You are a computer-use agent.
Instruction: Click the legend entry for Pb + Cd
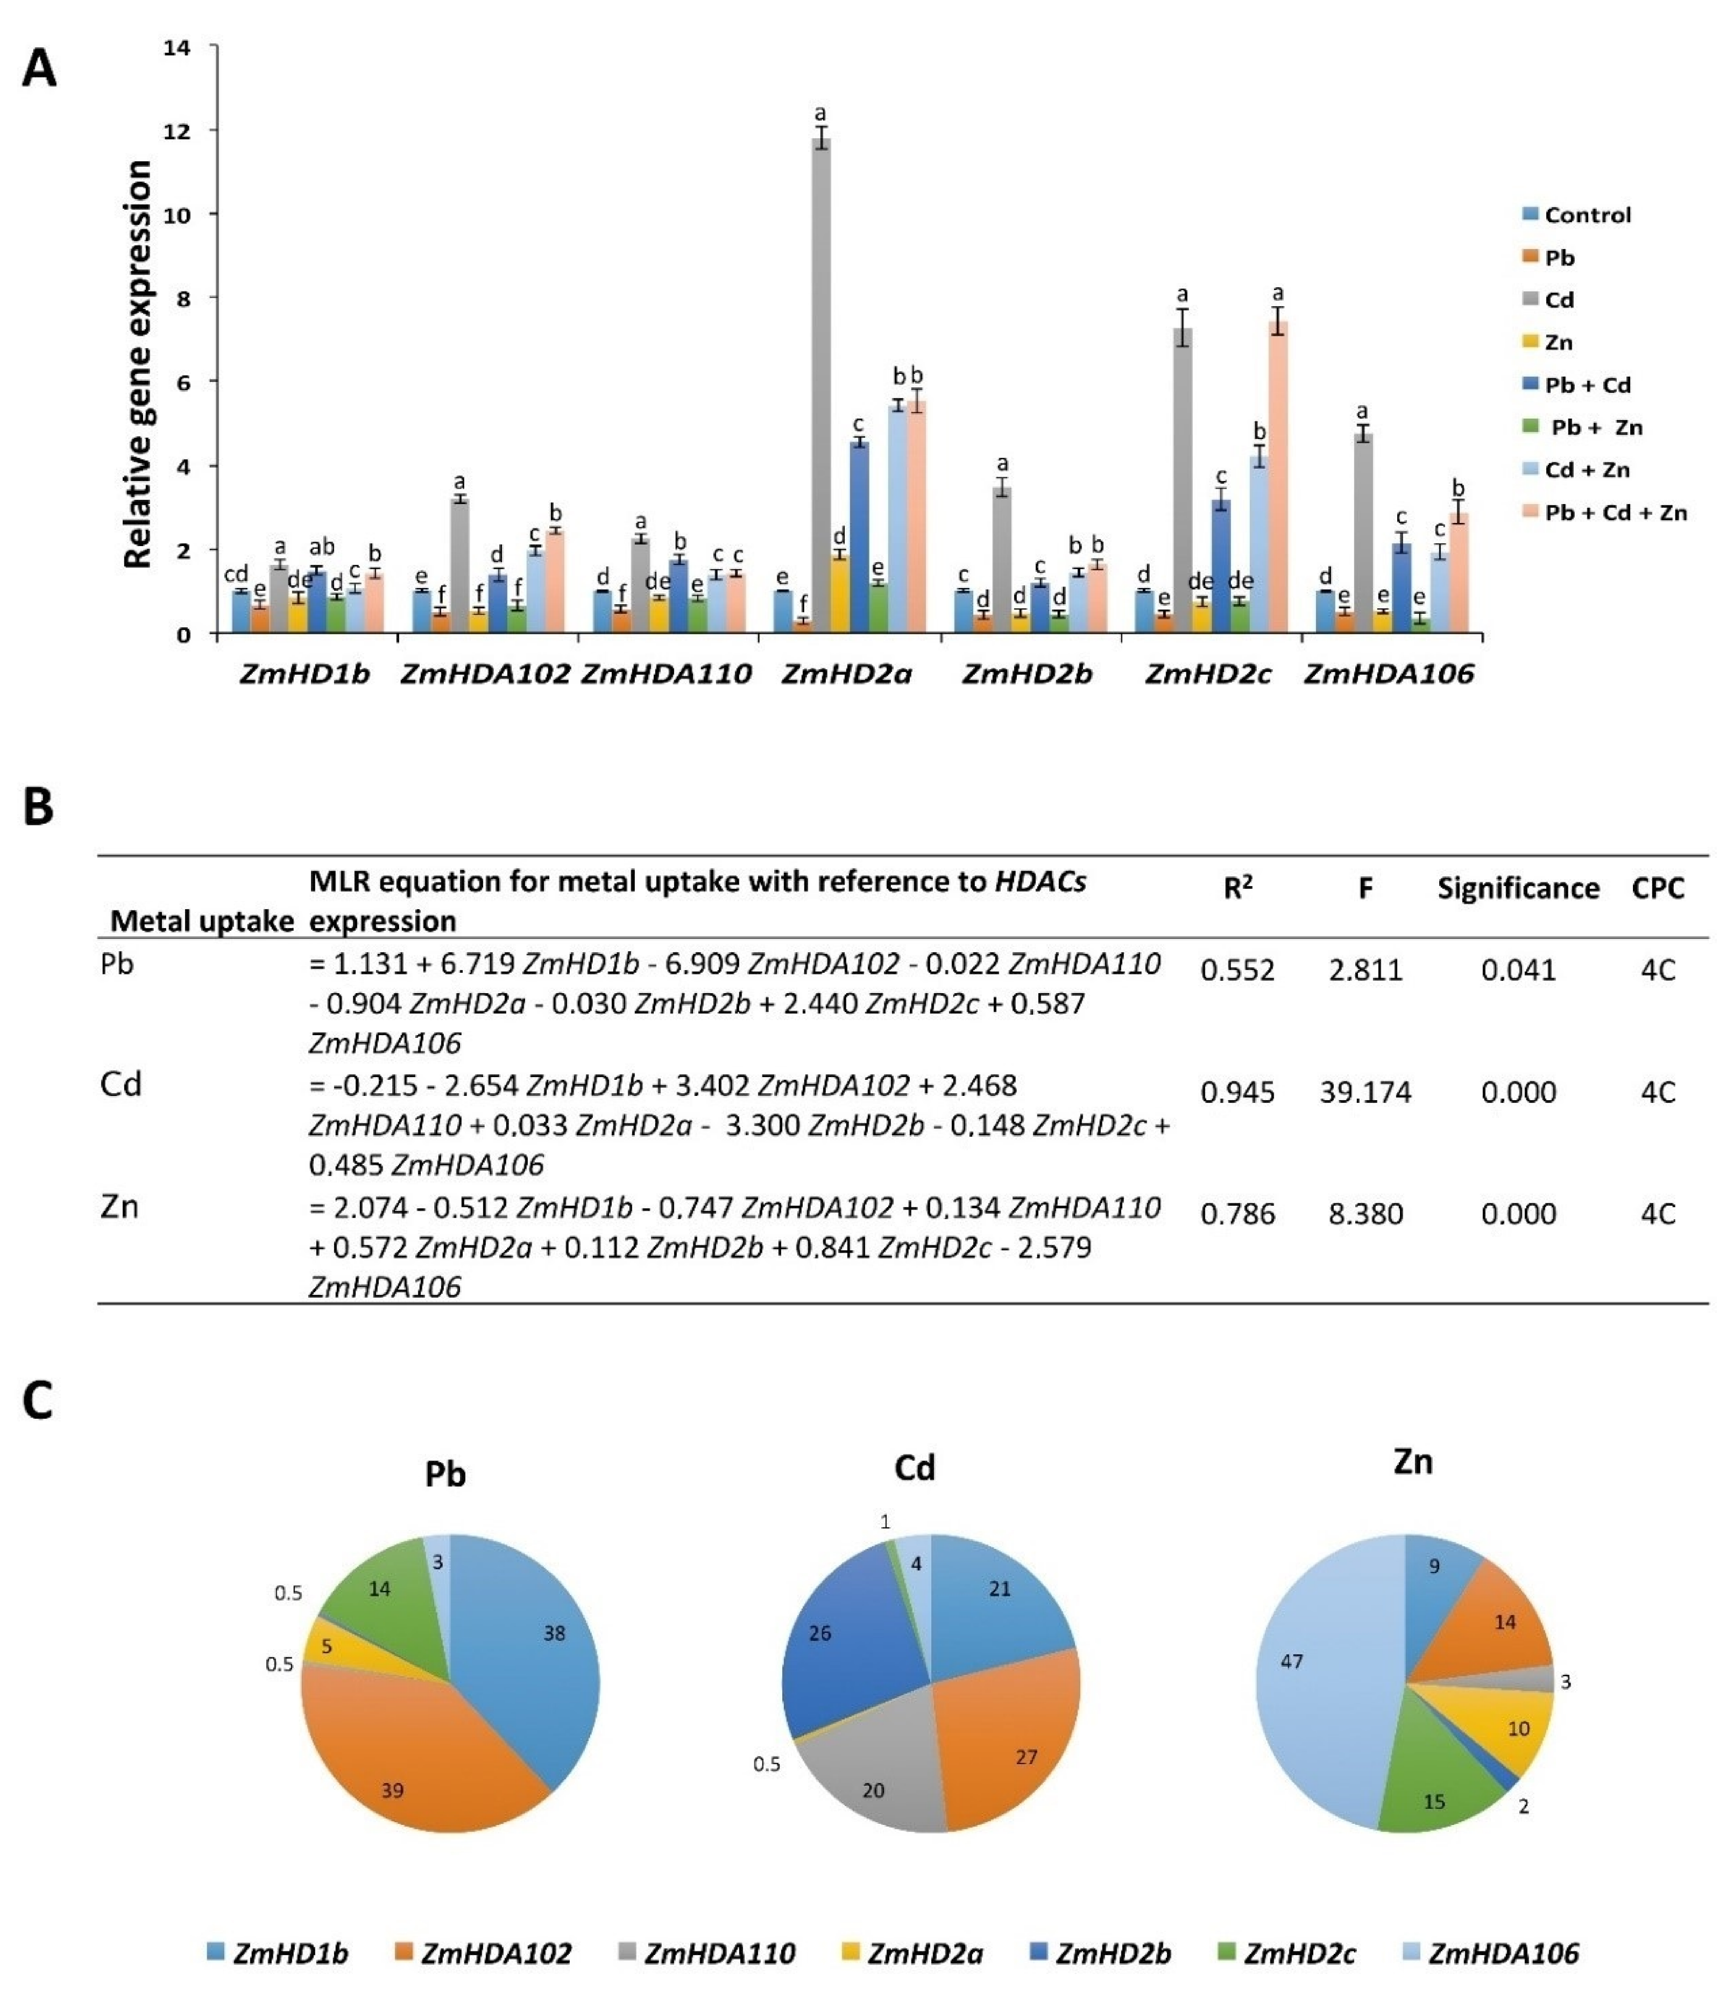1586,385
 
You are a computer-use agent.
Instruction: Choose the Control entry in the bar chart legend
1586,215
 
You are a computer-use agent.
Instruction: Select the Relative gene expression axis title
138,365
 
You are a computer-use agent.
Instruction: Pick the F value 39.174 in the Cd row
1364,1092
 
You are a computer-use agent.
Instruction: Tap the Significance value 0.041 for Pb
1517,969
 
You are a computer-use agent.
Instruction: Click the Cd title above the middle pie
914,1468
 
